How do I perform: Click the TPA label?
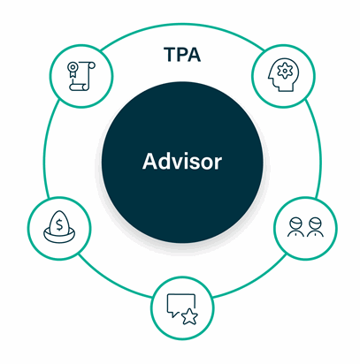pyautogui.click(x=182, y=55)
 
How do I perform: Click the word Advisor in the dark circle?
pyautogui.click(x=182, y=162)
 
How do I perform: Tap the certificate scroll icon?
pyautogui.click(x=81, y=76)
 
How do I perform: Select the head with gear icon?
pyautogui.click(x=283, y=74)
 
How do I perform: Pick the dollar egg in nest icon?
pyautogui.click(x=59, y=226)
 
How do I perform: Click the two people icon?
pyautogui.click(x=305, y=227)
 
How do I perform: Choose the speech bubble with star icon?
pyautogui.click(x=182, y=309)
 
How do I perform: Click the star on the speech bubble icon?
pyautogui.click(x=189, y=316)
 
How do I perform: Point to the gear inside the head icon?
pyautogui.click(x=284, y=71)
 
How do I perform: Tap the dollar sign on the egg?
pyautogui.click(x=59, y=224)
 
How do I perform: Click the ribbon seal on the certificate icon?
pyautogui.click(x=72, y=69)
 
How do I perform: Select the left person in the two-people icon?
pyautogui.click(x=295, y=227)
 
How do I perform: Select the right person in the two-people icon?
pyautogui.click(x=315, y=227)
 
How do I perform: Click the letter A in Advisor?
pyautogui.click(x=149, y=161)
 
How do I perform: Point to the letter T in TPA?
pyautogui.click(x=171, y=55)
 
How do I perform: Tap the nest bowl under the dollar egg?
pyautogui.click(x=59, y=236)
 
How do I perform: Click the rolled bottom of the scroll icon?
pyautogui.click(x=79, y=87)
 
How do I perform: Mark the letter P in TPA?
pyautogui.click(x=183, y=55)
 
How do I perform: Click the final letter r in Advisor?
pyautogui.click(x=218, y=163)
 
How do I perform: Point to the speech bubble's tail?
pyautogui.click(x=174, y=315)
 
